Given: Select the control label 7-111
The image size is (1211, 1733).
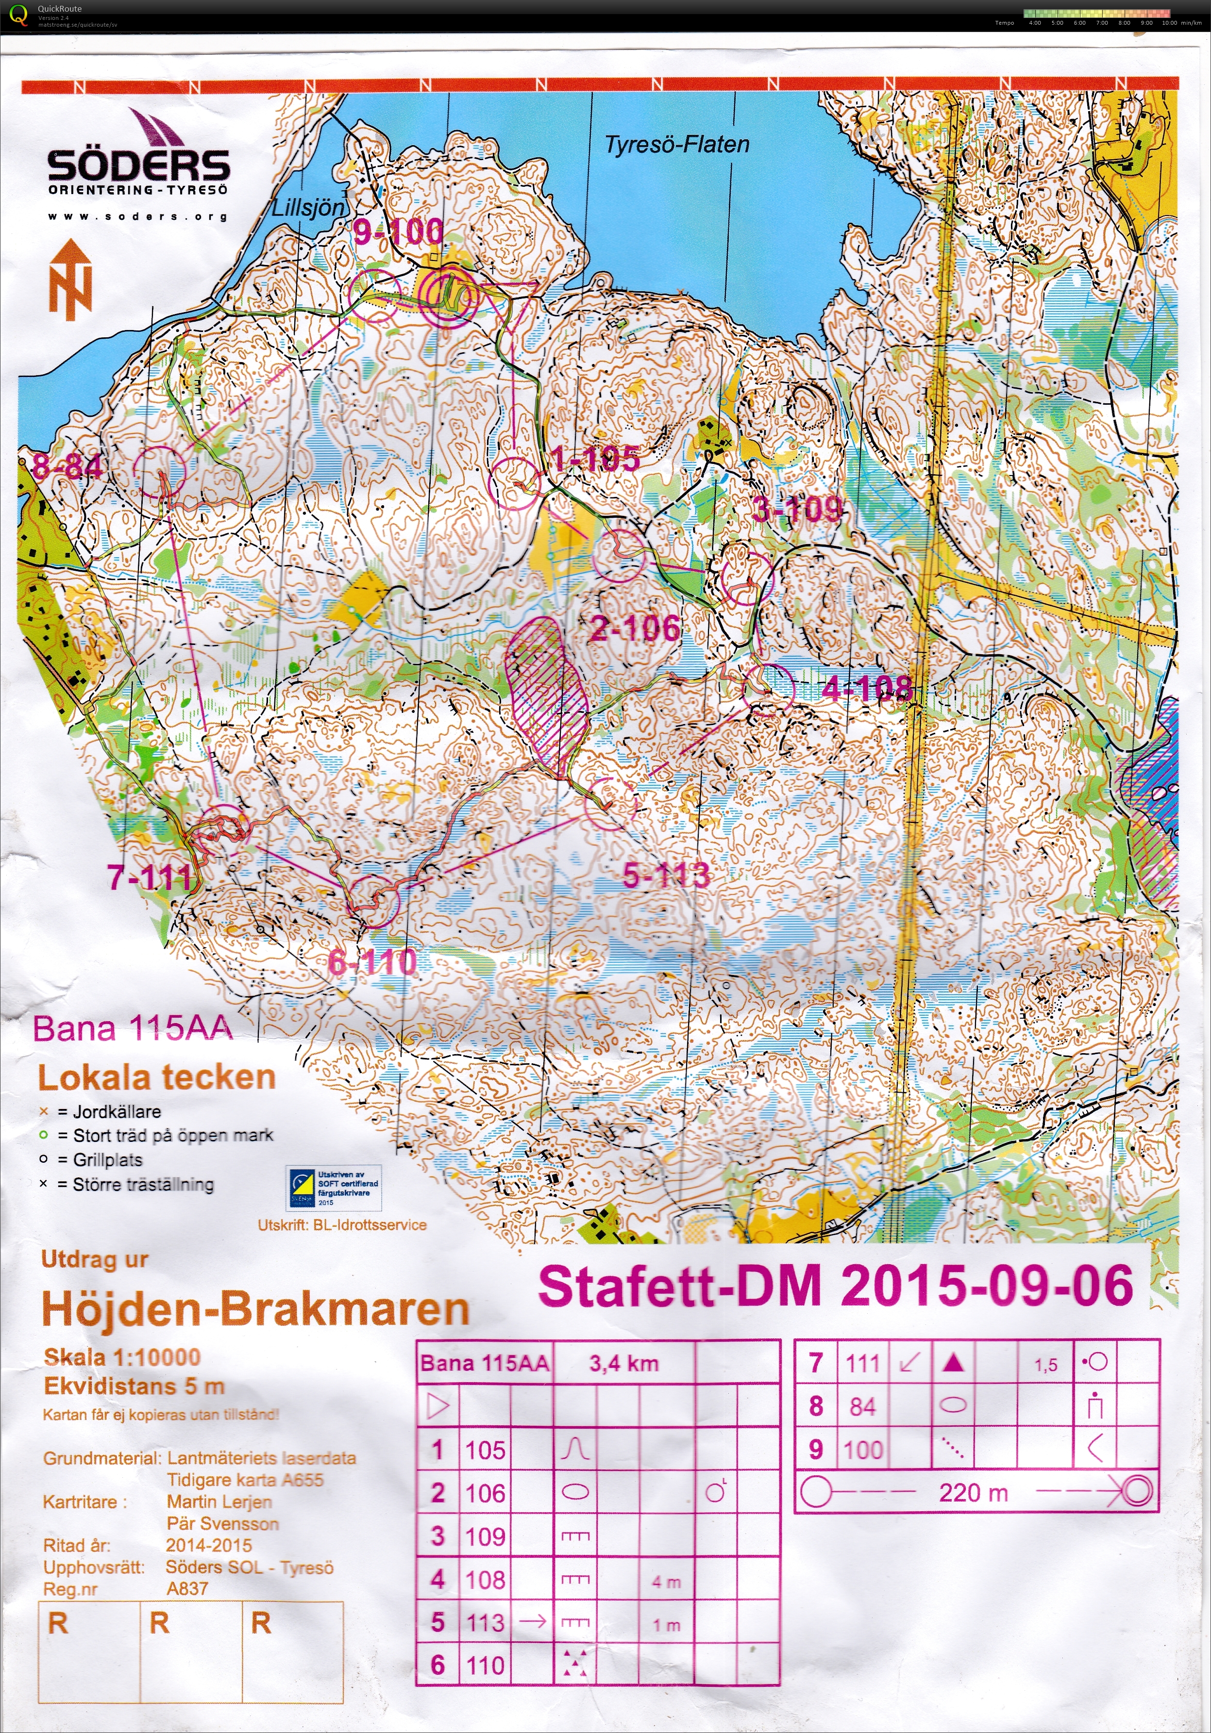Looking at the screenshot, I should coord(150,877).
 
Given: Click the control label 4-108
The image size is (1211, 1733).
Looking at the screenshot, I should coord(867,688).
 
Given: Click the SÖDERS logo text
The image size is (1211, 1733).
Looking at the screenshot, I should coord(138,166).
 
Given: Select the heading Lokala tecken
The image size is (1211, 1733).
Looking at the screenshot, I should coord(156,1077).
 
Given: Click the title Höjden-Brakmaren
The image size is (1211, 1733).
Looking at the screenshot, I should coord(255,1309).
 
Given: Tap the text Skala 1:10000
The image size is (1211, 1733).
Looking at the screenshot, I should coord(121,1357).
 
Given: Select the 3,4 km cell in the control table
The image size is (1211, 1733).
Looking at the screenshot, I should coord(623,1363).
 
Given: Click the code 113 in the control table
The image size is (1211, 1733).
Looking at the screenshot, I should coord(485,1621).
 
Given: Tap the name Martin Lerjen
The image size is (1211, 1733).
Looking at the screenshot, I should coord(219,1502).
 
